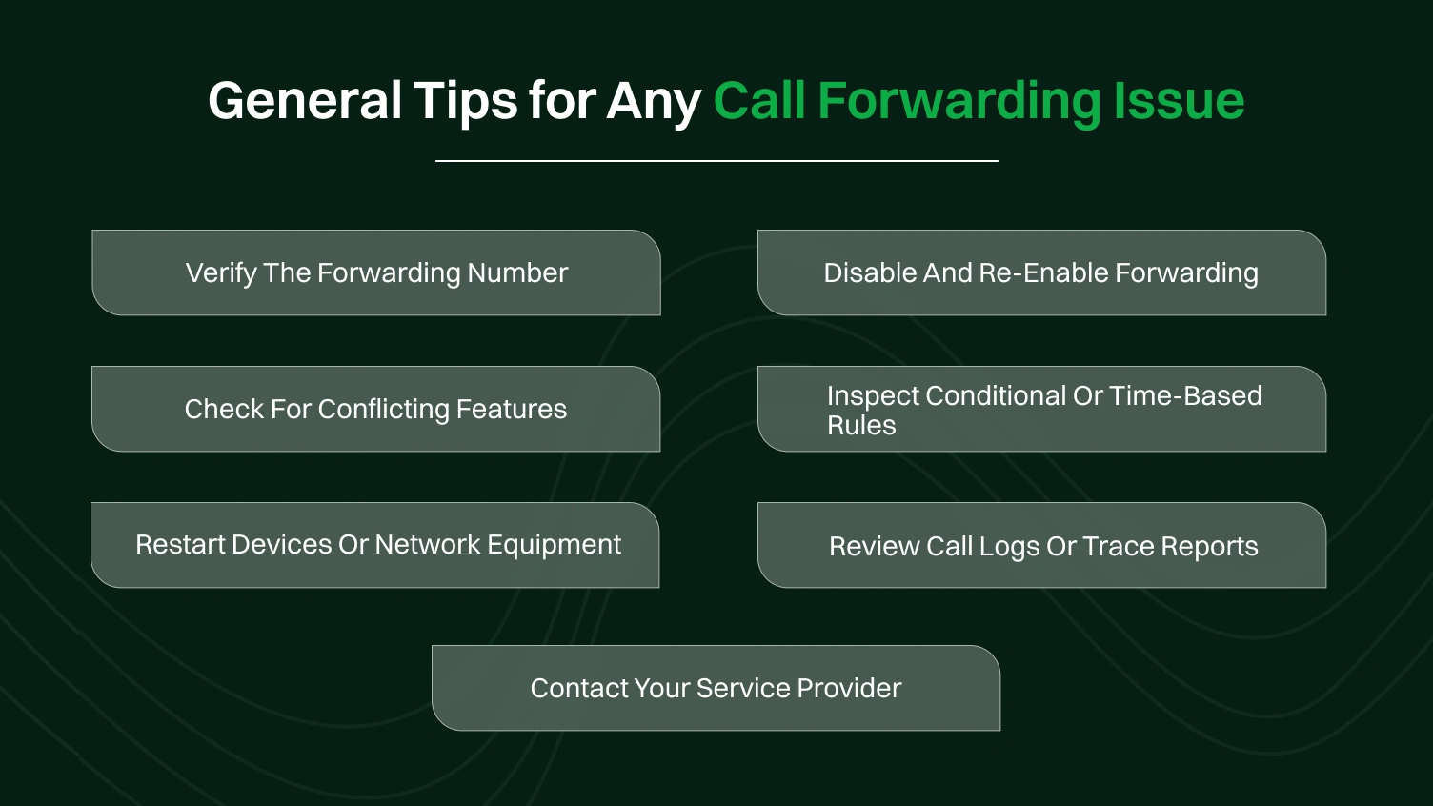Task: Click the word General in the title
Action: tap(305, 101)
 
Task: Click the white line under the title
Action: tap(716, 161)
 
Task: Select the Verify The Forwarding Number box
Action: tap(376, 272)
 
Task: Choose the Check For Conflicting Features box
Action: tap(375, 409)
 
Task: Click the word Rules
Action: tap(861, 426)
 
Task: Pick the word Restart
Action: tap(179, 545)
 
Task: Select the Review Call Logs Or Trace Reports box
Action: tap(1041, 546)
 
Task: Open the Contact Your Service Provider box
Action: tap(716, 688)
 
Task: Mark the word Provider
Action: tap(849, 688)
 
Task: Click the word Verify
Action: tap(220, 273)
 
